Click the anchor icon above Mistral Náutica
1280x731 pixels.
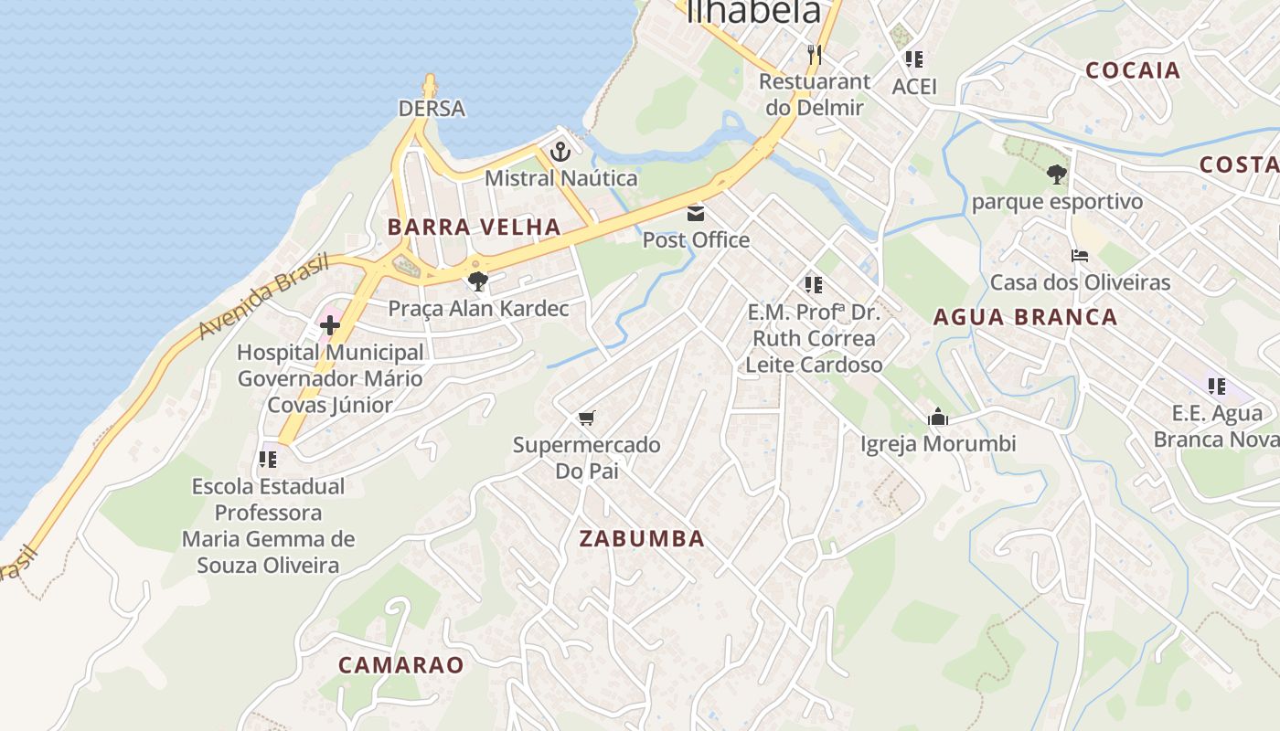point(560,152)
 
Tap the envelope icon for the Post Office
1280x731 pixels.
point(696,214)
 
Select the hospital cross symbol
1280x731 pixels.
point(330,324)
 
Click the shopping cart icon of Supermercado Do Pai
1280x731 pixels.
point(587,418)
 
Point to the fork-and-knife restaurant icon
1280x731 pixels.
point(815,55)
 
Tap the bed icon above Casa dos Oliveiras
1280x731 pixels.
point(1080,256)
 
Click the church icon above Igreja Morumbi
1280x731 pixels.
point(938,418)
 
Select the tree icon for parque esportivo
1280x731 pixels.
point(1057,174)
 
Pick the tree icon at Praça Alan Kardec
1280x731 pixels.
point(477,281)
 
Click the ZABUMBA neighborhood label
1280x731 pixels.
point(642,539)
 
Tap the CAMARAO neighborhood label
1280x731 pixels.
point(401,665)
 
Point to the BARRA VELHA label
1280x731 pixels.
point(474,228)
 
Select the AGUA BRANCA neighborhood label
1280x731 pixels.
point(1025,318)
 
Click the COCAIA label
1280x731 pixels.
point(1133,70)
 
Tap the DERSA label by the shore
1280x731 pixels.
point(432,109)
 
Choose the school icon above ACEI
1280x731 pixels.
point(913,59)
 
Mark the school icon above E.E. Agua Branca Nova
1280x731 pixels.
point(1216,387)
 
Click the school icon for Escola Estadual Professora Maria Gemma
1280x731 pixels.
point(268,459)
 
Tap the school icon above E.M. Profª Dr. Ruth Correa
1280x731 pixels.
point(813,285)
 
